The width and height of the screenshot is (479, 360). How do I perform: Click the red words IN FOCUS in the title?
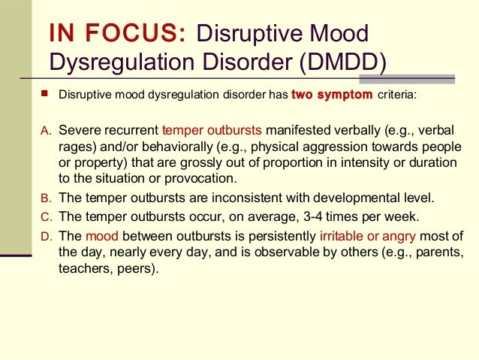pyautogui.click(x=116, y=35)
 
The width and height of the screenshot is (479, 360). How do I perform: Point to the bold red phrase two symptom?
pyautogui.click(x=331, y=96)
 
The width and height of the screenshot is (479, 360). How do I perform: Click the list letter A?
pyautogui.click(x=44, y=130)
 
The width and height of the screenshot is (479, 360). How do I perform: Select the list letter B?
pyautogui.click(x=44, y=198)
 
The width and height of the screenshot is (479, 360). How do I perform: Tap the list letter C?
pyautogui.click(x=44, y=216)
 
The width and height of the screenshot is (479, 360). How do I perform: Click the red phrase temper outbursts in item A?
pyautogui.click(x=211, y=129)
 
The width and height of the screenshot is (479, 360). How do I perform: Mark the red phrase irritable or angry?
pyautogui.click(x=368, y=234)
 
